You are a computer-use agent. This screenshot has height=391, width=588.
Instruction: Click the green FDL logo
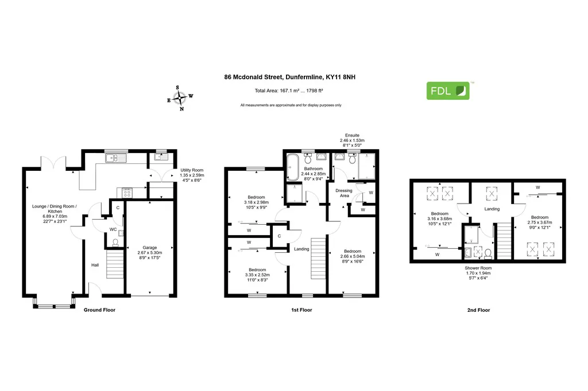point(448,91)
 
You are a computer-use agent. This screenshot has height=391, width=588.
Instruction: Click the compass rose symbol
point(180,98)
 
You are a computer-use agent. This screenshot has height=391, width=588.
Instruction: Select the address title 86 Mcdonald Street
point(290,77)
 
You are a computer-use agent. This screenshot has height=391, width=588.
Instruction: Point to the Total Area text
point(289,91)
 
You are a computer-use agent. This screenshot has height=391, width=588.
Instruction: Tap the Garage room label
point(150,252)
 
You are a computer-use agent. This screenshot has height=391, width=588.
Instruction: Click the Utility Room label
point(192,175)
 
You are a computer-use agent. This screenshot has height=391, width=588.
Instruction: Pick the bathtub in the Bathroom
point(293,167)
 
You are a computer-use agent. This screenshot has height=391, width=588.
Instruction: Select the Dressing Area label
point(344,193)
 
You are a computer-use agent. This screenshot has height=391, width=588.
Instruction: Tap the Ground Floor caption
point(99,310)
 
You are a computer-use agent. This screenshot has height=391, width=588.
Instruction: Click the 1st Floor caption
point(301,310)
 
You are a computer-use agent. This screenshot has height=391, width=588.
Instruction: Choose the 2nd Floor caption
point(478,310)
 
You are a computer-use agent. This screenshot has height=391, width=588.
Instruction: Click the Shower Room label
point(478,273)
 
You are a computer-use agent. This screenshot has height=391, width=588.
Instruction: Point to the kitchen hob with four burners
point(127,193)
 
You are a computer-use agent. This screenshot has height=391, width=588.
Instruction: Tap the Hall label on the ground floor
point(95,265)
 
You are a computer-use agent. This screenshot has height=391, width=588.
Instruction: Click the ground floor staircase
point(115,264)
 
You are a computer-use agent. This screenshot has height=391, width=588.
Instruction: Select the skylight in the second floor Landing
point(492,194)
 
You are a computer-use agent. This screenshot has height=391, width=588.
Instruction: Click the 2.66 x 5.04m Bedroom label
point(353,256)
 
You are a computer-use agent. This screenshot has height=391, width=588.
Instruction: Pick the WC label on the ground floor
point(113,229)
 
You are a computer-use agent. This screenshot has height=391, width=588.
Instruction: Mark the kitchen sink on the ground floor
point(116,158)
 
